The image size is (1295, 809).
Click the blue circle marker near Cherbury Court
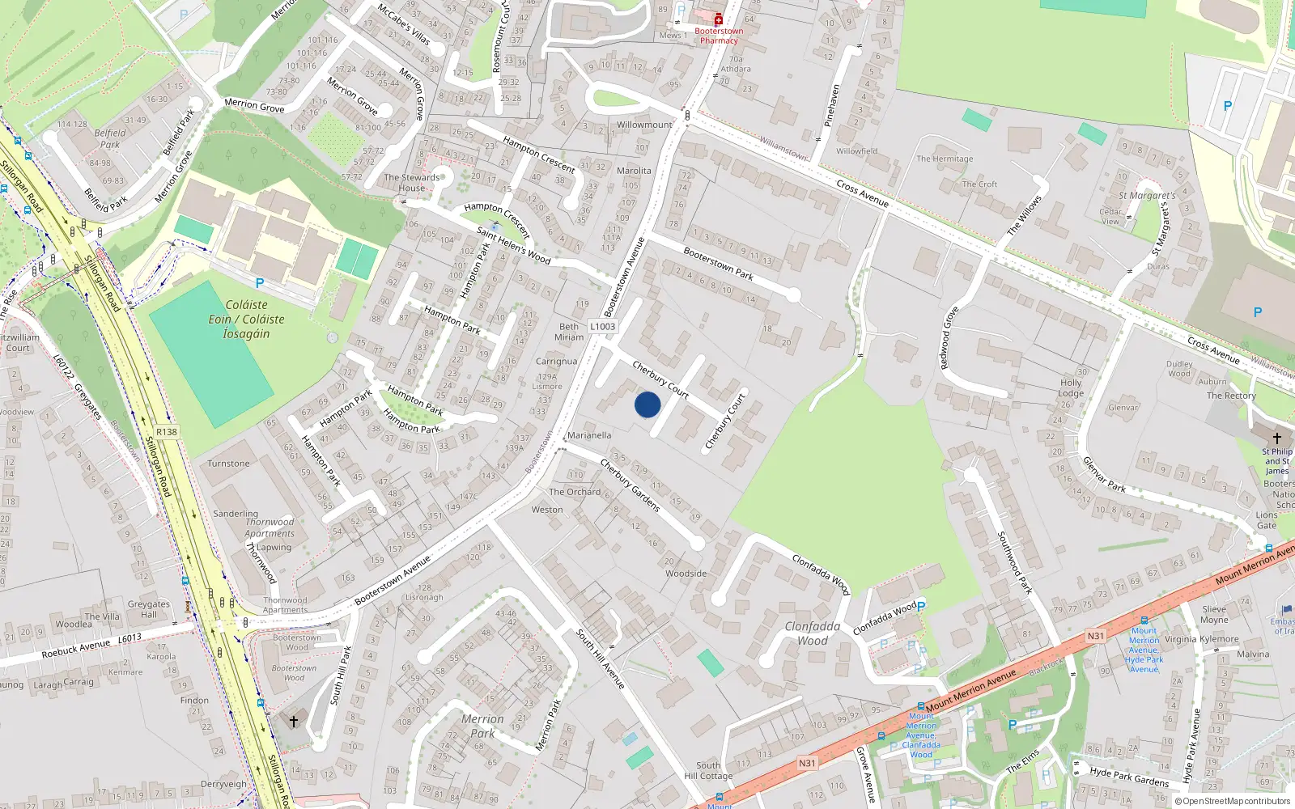coord(647,404)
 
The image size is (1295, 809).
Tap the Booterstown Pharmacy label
coord(719,36)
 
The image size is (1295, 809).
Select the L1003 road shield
coord(602,327)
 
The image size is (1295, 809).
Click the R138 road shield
coord(167,432)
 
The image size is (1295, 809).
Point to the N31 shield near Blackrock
coord(1095,636)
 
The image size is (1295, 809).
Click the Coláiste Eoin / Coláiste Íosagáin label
coord(246,319)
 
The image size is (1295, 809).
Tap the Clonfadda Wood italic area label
coord(813,633)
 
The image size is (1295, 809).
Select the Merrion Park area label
coord(482,726)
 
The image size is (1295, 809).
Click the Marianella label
coord(589,435)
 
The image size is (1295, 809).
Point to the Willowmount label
coord(644,125)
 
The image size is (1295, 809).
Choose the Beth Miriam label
coord(569,332)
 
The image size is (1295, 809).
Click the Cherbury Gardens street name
coord(631,485)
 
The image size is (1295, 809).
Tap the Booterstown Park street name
coord(718,264)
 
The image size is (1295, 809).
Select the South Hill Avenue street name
coord(601,659)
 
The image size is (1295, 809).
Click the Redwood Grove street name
coord(949,338)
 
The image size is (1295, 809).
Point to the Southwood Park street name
coord(1014,562)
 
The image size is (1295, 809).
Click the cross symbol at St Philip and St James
coord(1277,438)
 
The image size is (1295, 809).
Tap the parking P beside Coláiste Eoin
coord(260,283)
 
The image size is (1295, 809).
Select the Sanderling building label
coord(236,514)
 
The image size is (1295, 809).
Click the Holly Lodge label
coord(1071,388)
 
